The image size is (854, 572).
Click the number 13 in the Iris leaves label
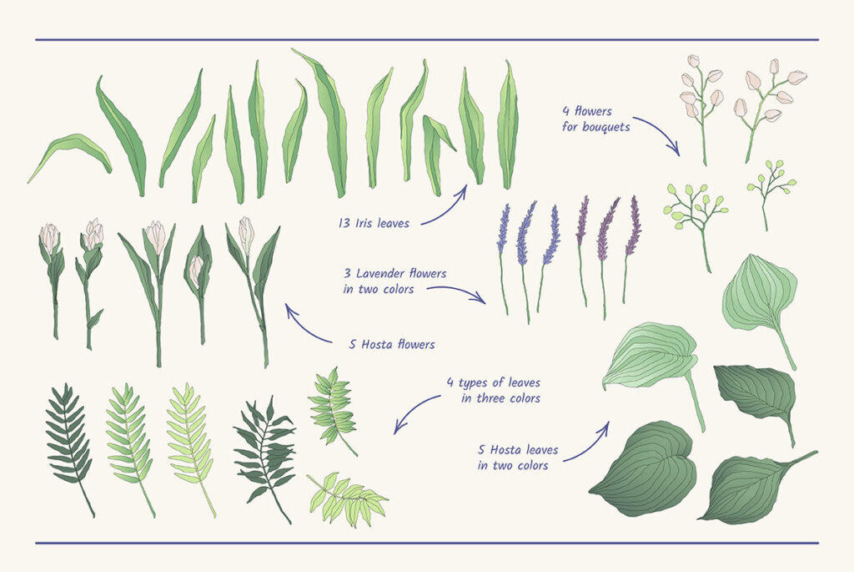[x=344, y=223]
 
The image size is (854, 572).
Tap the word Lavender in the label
[x=379, y=273]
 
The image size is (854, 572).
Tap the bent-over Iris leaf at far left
[x=69, y=155]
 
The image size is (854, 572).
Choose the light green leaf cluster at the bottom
[x=348, y=499]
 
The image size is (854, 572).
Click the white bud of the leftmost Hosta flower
[x=49, y=237]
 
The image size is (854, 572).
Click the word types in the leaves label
[x=474, y=383]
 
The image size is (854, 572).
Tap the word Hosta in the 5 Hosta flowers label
[x=378, y=345]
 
